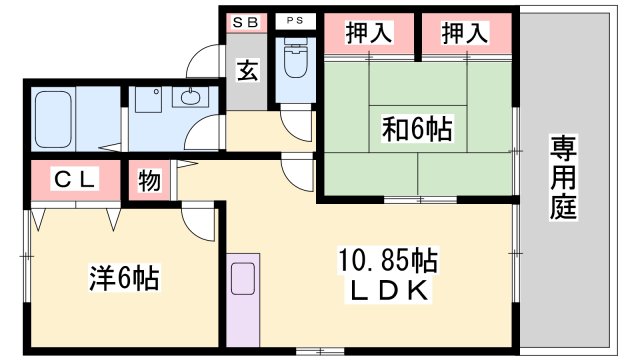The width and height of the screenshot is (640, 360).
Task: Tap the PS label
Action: [x=294, y=21]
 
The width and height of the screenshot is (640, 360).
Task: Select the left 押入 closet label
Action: [x=367, y=33]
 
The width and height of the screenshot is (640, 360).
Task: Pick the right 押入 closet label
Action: [x=465, y=33]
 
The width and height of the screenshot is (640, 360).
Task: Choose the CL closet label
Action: [x=74, y=180]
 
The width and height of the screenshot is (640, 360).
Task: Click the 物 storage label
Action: [x=149, y=181]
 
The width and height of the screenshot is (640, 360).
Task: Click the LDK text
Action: [x=387, y=292]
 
